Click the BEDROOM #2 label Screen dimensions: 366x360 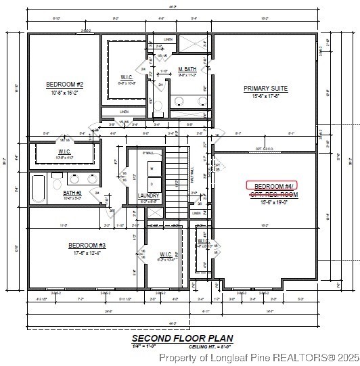point(64,84)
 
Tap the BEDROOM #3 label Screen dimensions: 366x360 point(87,245)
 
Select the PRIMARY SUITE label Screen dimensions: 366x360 point(265,88)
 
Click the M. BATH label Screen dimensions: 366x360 point(187,70)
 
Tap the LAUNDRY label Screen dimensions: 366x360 point(148,195)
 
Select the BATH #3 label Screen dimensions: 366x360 point(72,193)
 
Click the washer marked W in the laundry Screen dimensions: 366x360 point(152,168)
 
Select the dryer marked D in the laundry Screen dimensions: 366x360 point(152,183)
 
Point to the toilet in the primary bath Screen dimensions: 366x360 point(157,104)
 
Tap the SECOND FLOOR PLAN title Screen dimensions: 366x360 point(182,338)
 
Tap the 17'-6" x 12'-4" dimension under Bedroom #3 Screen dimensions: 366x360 point(87,252)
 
